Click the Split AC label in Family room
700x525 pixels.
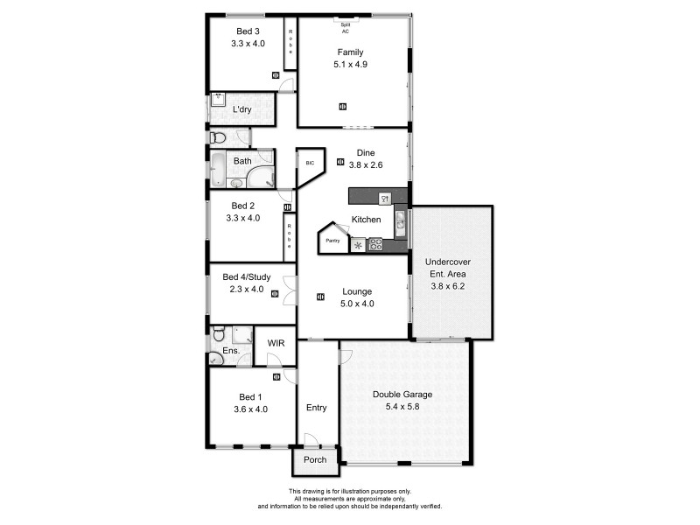346,27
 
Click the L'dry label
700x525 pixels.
243,109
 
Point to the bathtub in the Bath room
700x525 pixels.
216,170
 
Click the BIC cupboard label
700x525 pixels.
309,163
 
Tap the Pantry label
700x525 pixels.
332,240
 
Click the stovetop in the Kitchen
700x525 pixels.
376,244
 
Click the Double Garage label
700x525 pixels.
403,394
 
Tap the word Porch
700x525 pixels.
314,459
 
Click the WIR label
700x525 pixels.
276,343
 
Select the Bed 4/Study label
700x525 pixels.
246,277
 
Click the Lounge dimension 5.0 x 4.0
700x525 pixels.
357,304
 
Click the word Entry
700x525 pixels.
316,408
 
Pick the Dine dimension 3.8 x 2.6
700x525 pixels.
366,164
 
